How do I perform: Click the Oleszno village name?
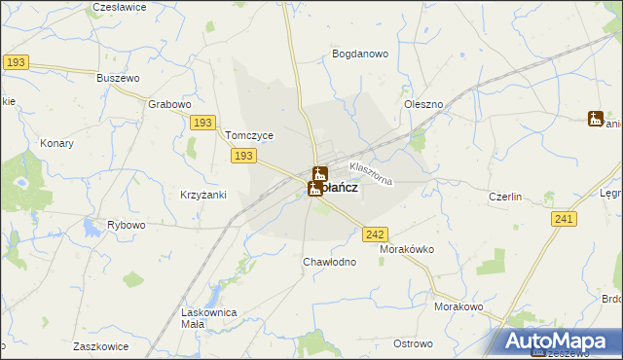tap(423, 103)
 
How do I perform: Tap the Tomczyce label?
tap(249, 135)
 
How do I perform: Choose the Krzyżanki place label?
tap(203, 195)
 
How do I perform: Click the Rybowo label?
tap(127, 225)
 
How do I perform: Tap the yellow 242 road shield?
tap(376, 234)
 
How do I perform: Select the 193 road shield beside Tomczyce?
tap(244, 156)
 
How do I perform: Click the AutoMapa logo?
tap(560, 341)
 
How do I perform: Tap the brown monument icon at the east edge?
tap(595, 119)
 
